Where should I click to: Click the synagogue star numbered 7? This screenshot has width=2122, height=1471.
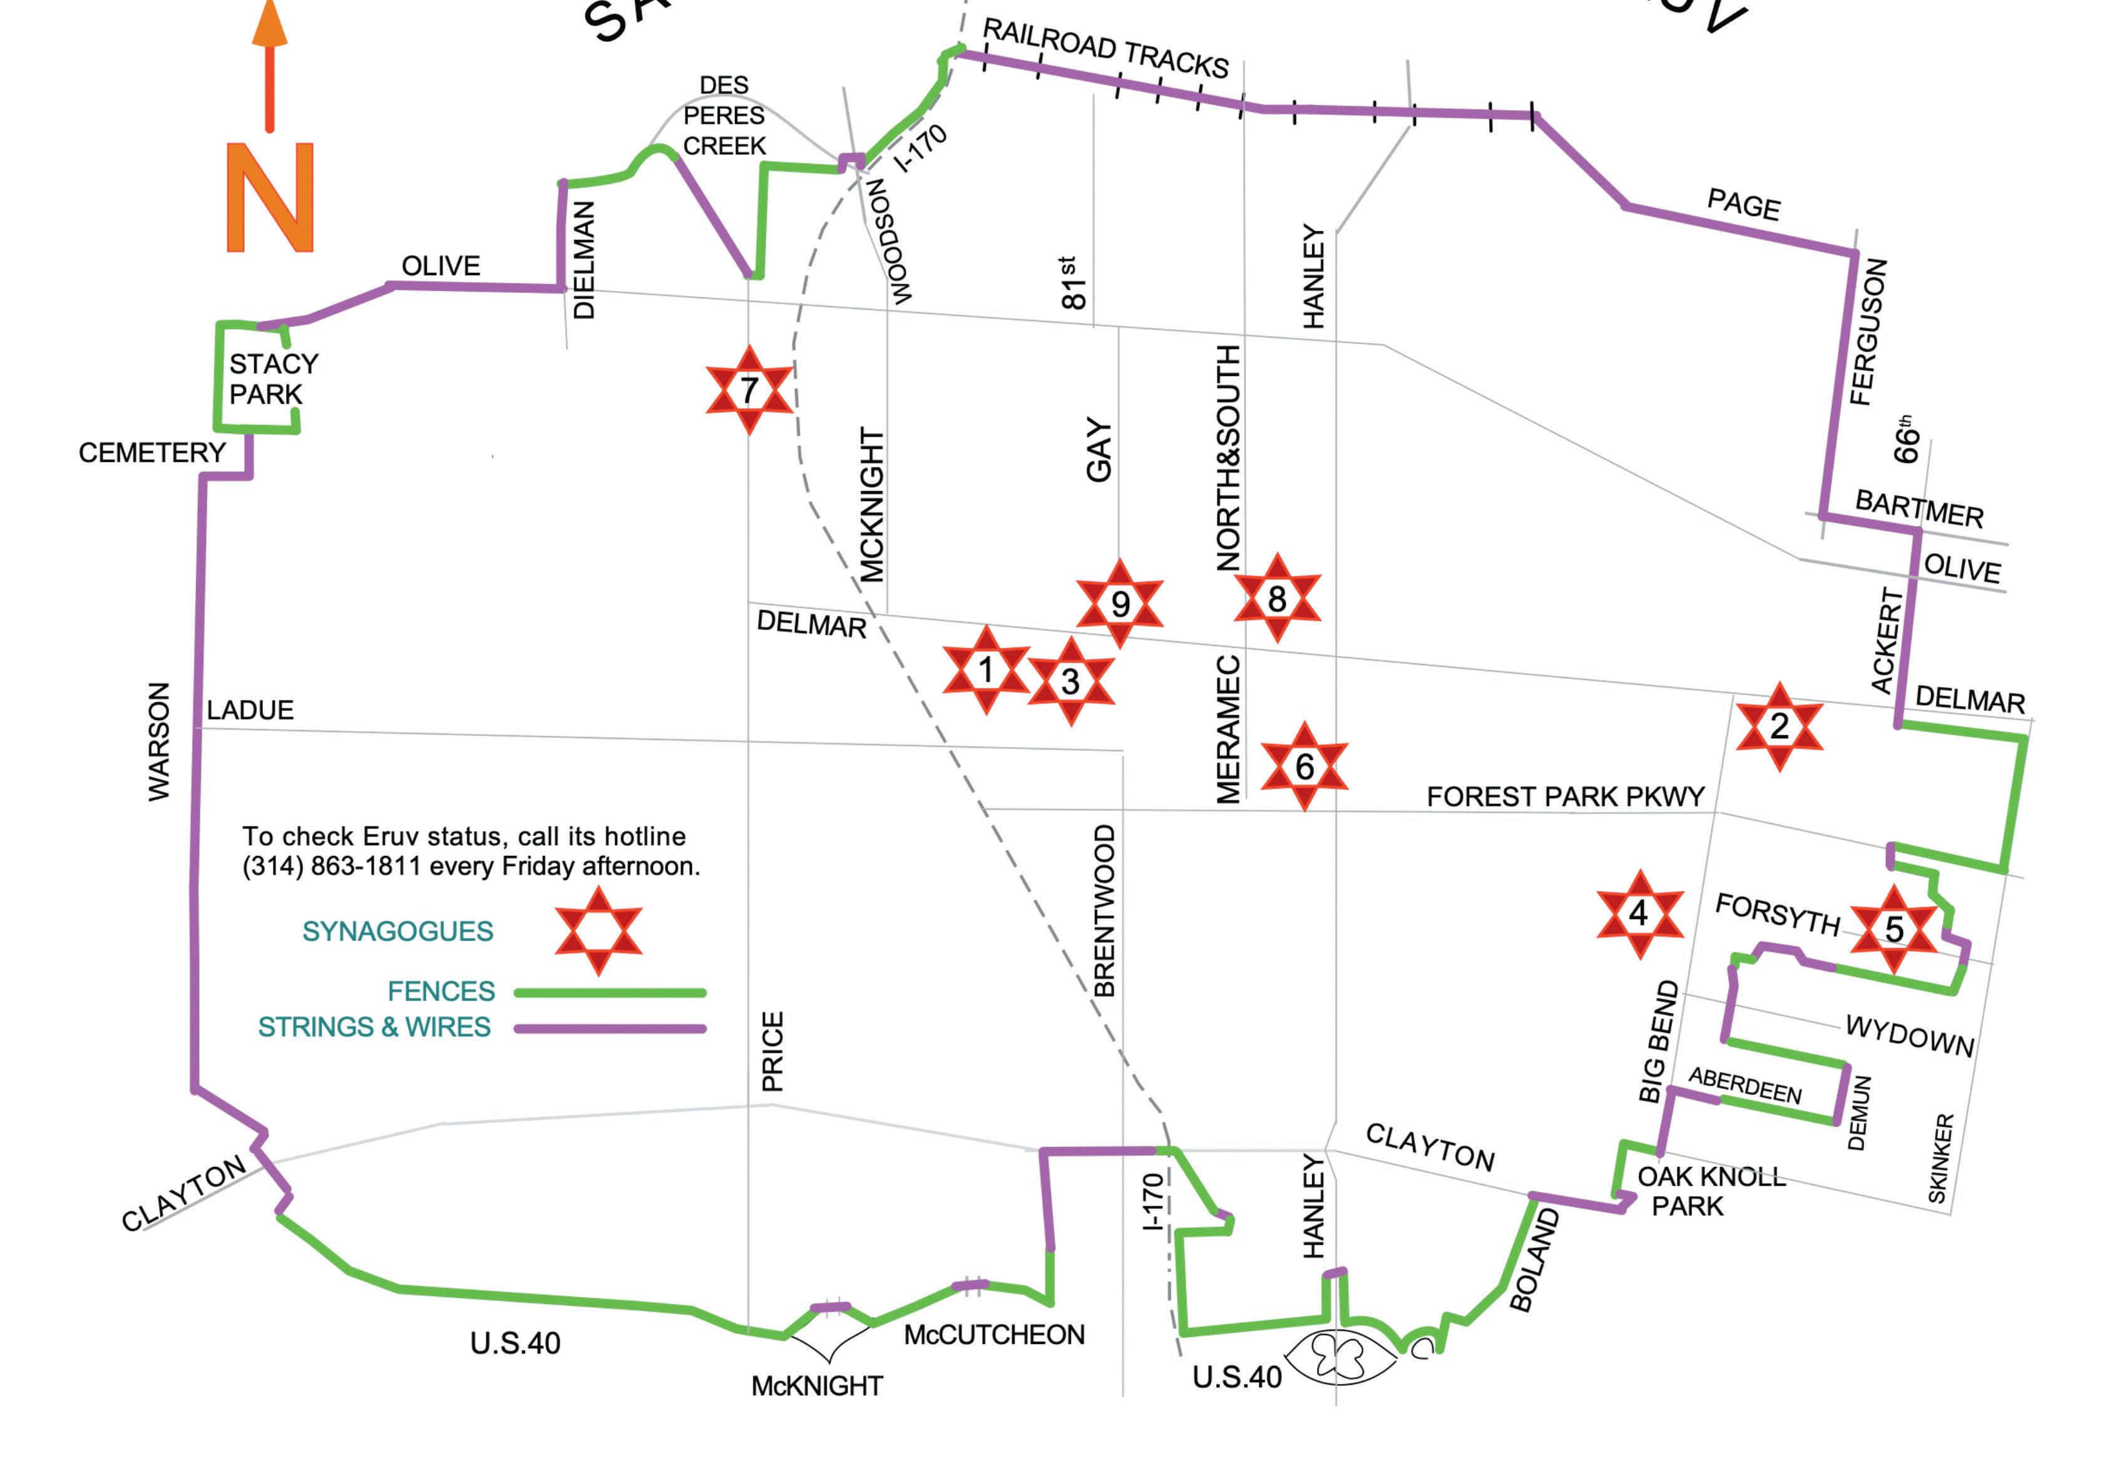(749, 390)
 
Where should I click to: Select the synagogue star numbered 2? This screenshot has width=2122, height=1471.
(1778, 726)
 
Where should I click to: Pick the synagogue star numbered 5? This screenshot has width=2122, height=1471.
(1894, 929)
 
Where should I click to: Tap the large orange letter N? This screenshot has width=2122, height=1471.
(270, 197)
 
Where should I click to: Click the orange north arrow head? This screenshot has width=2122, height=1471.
(270, 24)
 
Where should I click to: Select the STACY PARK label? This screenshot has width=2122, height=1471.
(273, 379)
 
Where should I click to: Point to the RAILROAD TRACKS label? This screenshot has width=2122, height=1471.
(1105, 49)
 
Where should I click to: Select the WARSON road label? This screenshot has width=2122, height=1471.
(160, 742)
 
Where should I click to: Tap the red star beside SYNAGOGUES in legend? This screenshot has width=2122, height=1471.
(597, 931)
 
